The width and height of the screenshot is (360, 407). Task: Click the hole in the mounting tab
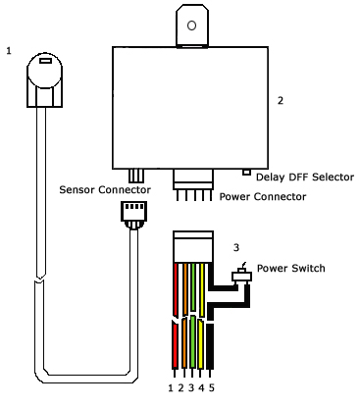click(191, 25)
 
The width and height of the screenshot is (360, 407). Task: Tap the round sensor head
click(44, 71)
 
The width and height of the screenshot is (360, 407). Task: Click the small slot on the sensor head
click(45, 61)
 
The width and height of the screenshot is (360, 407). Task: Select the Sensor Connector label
click(105, 189)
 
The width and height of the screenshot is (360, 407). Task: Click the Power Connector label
click(263, 196)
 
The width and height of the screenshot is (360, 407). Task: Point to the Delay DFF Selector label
click(305, 177)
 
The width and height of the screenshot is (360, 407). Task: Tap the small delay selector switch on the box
click(246, 172)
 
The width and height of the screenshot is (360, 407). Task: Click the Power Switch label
click(291, 268)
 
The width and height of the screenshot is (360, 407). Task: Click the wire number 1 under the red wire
click(171, 388)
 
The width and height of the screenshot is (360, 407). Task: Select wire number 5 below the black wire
click(212, 388)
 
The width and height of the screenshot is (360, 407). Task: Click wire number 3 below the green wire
click(191, 388)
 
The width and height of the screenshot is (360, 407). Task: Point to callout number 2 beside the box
click(281, 101)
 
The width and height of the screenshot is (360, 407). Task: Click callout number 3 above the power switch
click(236, 247)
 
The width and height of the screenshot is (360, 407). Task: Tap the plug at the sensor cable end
click(133, 215)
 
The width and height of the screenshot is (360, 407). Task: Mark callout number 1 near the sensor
click(9, 51)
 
